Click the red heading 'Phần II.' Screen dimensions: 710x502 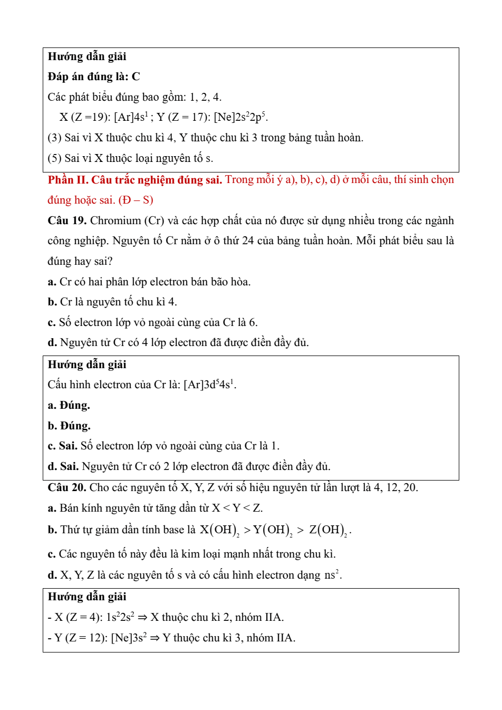[x=68, y=180]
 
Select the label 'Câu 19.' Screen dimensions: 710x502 [x=67, y=220]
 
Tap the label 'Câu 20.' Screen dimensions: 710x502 [x=67, y=487]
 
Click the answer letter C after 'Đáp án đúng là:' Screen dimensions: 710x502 [x=136, y=77]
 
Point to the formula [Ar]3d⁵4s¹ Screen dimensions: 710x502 [x=209, y=385]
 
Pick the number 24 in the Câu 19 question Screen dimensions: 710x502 [x=248, y=241]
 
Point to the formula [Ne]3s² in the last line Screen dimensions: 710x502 [x=129, y=638]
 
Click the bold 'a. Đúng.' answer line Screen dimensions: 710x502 [x=69, y=405]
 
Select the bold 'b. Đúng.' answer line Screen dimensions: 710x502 [x=69, y=426]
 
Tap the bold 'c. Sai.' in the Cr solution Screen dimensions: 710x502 [x=62, y=446]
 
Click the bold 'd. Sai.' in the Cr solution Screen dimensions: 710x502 [x=63, y=466]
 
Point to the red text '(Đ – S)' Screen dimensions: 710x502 [x=136, y=200]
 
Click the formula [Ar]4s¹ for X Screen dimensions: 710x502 [x=131, y=117]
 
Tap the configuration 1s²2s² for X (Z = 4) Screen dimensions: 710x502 [x=120, y=617]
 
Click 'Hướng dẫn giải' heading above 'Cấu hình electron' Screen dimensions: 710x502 [x=87, y=364]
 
